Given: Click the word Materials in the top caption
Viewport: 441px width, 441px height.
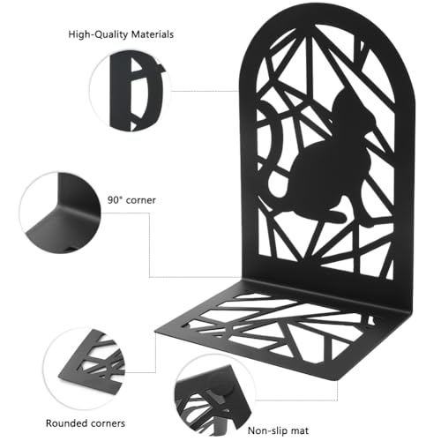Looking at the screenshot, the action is pyautogui.click(x=153, y=34).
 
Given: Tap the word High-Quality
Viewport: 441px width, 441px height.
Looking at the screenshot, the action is pyautogui.click(x=98, y=34).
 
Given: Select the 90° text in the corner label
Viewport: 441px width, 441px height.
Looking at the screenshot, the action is pyautogui.click(x=115, y=200).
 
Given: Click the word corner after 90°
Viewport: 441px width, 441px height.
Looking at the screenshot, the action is pyautogui.click(x=140, y=200).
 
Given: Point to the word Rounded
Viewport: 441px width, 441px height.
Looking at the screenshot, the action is pyautogui.click(x=66, y=423).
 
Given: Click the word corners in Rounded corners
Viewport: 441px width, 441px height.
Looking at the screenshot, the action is pyautogui.click(x=108, y=423).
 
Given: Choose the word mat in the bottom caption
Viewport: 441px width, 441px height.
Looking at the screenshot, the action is pyautogui.click(x=299, y=431).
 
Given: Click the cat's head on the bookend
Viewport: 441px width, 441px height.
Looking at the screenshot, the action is pyautogui.click(x=351, y=108).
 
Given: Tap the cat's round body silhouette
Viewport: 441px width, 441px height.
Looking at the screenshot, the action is pyautogui.click(x=324, y=174).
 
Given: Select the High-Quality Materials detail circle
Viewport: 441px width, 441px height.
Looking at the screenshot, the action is pyautogui.click(x=131, y=90).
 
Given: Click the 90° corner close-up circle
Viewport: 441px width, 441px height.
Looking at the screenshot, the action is pyautogui.click(x=60, y=213).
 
